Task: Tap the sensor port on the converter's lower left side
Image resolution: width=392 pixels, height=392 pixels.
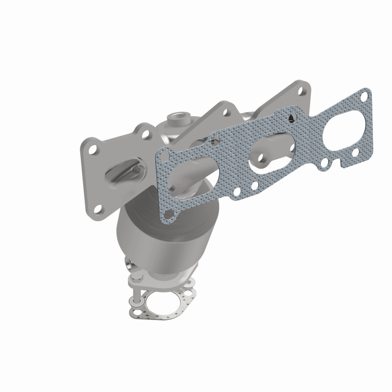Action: [x=129, y=265]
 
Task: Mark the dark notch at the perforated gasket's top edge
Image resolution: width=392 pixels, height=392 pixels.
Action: [x=292, y=117]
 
